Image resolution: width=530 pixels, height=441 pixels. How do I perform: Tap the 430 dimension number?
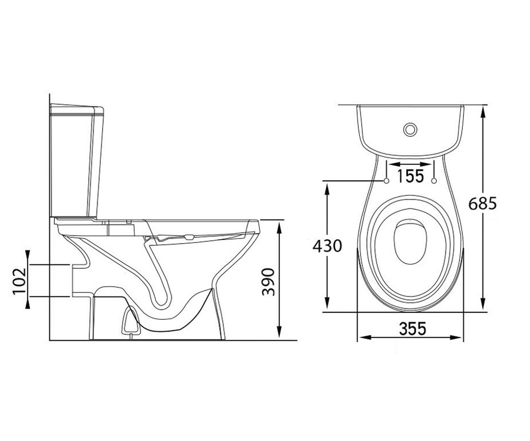(x=327, y=246)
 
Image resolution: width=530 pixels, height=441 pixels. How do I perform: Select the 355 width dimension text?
(x=413, y=329)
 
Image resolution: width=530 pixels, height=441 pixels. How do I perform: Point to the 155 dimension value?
(x=410, y=176)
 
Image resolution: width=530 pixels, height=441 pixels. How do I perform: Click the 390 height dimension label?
(x=268, y=282)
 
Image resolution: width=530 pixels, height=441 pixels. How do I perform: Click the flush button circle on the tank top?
(x=410, y=130)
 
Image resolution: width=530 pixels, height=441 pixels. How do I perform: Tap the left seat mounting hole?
(x=386, y=181)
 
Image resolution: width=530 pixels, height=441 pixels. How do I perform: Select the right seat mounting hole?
(x=434, y=181)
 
